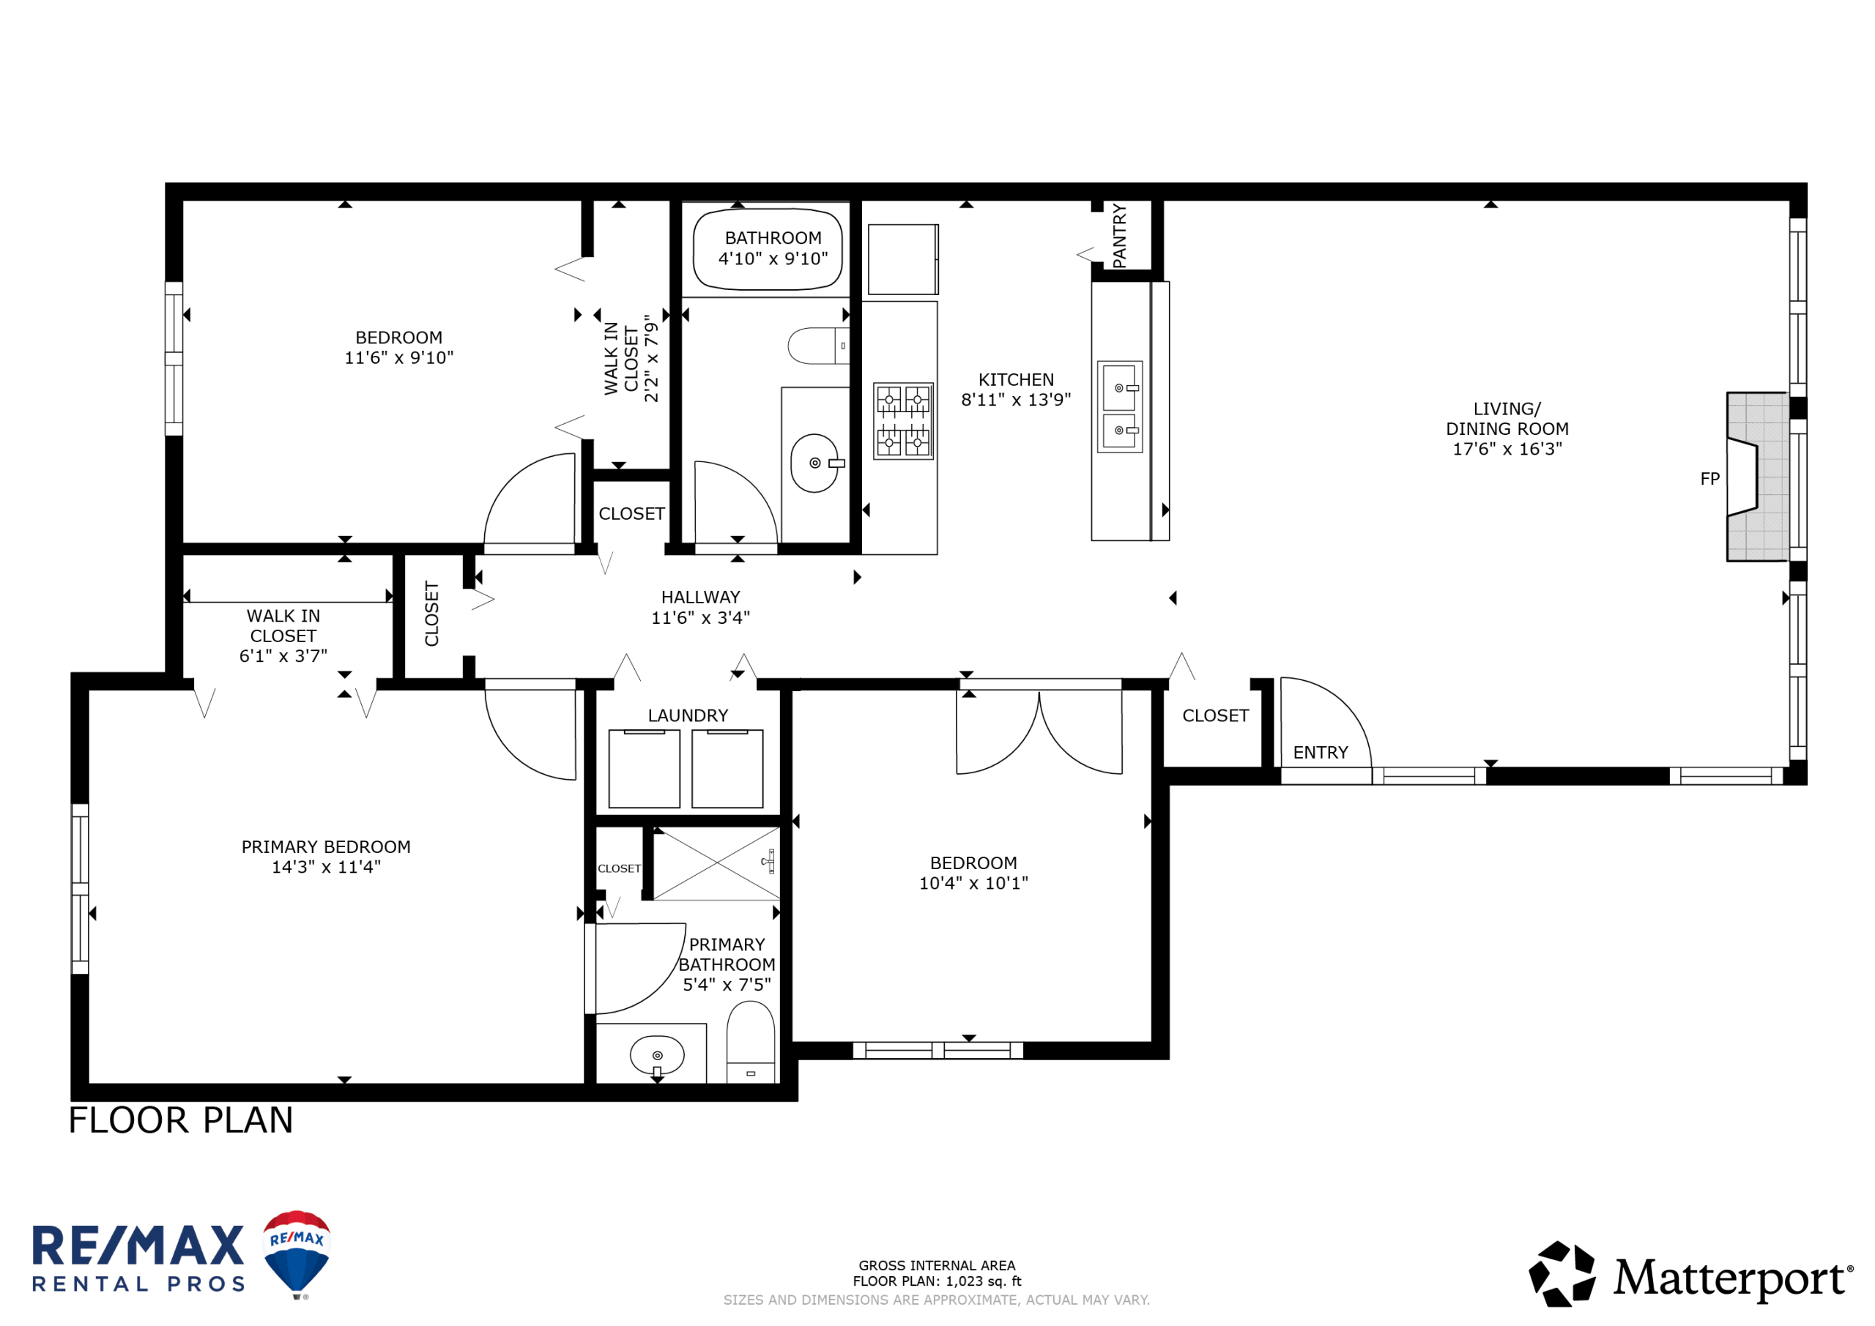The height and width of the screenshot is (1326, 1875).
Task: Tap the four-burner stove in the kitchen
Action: (x=903, y=420)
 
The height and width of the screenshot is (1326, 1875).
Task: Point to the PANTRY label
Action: (x=1120, y=236)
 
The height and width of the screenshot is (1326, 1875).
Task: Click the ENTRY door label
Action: (x=1321, y=752)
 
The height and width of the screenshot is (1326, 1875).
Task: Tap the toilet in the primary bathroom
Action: (x=751, y=1042)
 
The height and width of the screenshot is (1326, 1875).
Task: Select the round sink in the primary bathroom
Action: (x=658, y=1056)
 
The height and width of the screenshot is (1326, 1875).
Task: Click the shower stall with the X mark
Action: (x=716, y=863)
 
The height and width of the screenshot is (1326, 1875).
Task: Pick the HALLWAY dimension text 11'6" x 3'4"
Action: (x=700, y=617)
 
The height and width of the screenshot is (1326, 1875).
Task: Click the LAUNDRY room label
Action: (x=688, y=715)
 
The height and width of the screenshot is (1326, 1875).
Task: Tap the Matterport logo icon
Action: (x=1562, y=1274)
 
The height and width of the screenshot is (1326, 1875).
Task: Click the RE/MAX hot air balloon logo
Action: (x=297, y=1254)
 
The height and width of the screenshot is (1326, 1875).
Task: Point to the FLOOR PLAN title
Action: (x=180, y=1120)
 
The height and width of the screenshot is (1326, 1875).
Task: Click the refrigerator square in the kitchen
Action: (x=903, y=259)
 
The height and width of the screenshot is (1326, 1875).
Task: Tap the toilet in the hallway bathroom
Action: (x=818, y=346)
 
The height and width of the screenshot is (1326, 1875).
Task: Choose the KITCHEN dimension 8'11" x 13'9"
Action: (x=1016, y=399)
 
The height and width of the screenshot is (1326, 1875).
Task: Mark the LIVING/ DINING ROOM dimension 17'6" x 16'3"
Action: (x=1507, y=448)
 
